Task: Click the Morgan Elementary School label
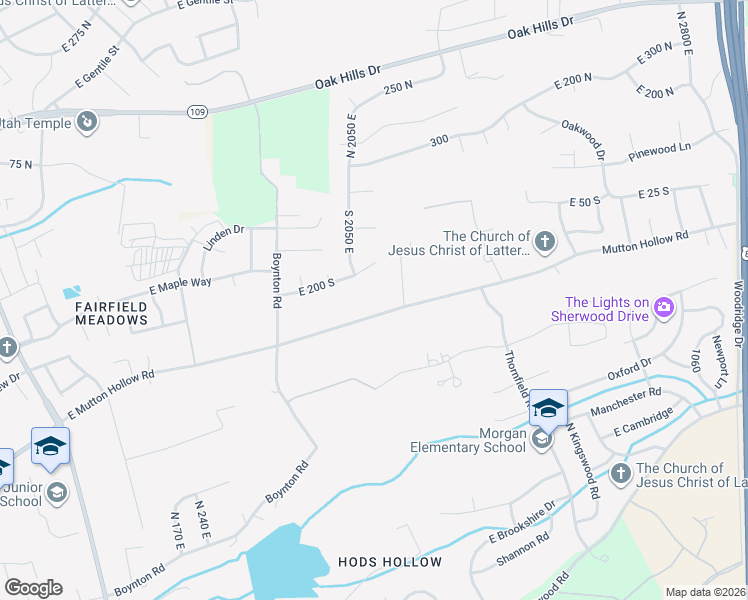(x=468, y=440)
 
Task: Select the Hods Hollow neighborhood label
(x=398, y=562)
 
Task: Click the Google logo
(x=33, y=588)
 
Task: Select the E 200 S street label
(x=316, y=287)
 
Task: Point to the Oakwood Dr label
(x=583, y=139)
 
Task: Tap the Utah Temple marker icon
(x=87, y=122)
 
